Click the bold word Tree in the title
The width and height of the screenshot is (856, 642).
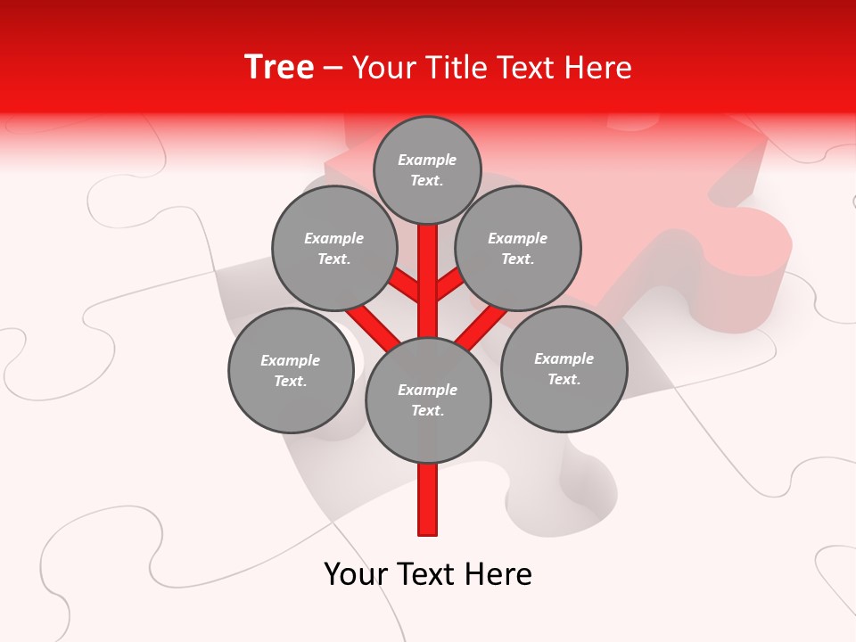(279, 67)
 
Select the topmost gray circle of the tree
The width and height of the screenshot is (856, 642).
(427, 169)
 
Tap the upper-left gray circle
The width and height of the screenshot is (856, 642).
(333, 248)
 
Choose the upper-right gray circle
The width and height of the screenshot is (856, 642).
(518, 248)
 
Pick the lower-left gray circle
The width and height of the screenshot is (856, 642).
(290, 370)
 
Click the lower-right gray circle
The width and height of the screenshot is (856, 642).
(564, 368)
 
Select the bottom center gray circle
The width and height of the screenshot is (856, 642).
(428, 399)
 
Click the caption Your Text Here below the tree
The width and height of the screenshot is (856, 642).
(428, 573)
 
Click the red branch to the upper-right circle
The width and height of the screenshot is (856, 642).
(450, 285)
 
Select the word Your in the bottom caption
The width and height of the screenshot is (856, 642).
(354, 573)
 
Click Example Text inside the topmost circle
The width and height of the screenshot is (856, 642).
(427, 169)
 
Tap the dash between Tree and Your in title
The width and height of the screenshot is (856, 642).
(333, 68)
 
